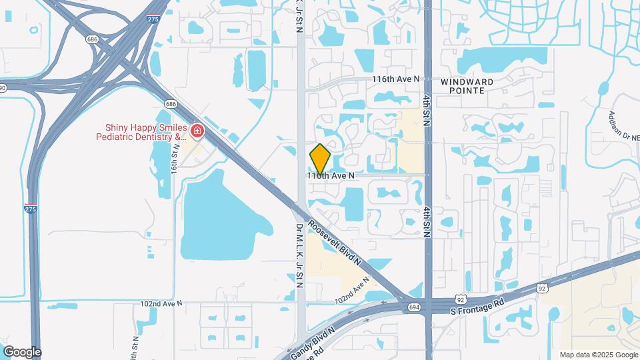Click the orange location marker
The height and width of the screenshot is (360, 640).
320,158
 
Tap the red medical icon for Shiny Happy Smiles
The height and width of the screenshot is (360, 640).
197,130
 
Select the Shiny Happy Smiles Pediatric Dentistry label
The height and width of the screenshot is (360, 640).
144,132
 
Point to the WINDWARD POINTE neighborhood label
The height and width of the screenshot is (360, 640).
467,85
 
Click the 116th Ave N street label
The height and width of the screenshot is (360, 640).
396,79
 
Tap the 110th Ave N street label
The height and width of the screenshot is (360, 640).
330,175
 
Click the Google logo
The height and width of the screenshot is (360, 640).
22,352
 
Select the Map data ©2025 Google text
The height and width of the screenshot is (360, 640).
597,355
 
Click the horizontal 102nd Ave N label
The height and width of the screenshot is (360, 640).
161,303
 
